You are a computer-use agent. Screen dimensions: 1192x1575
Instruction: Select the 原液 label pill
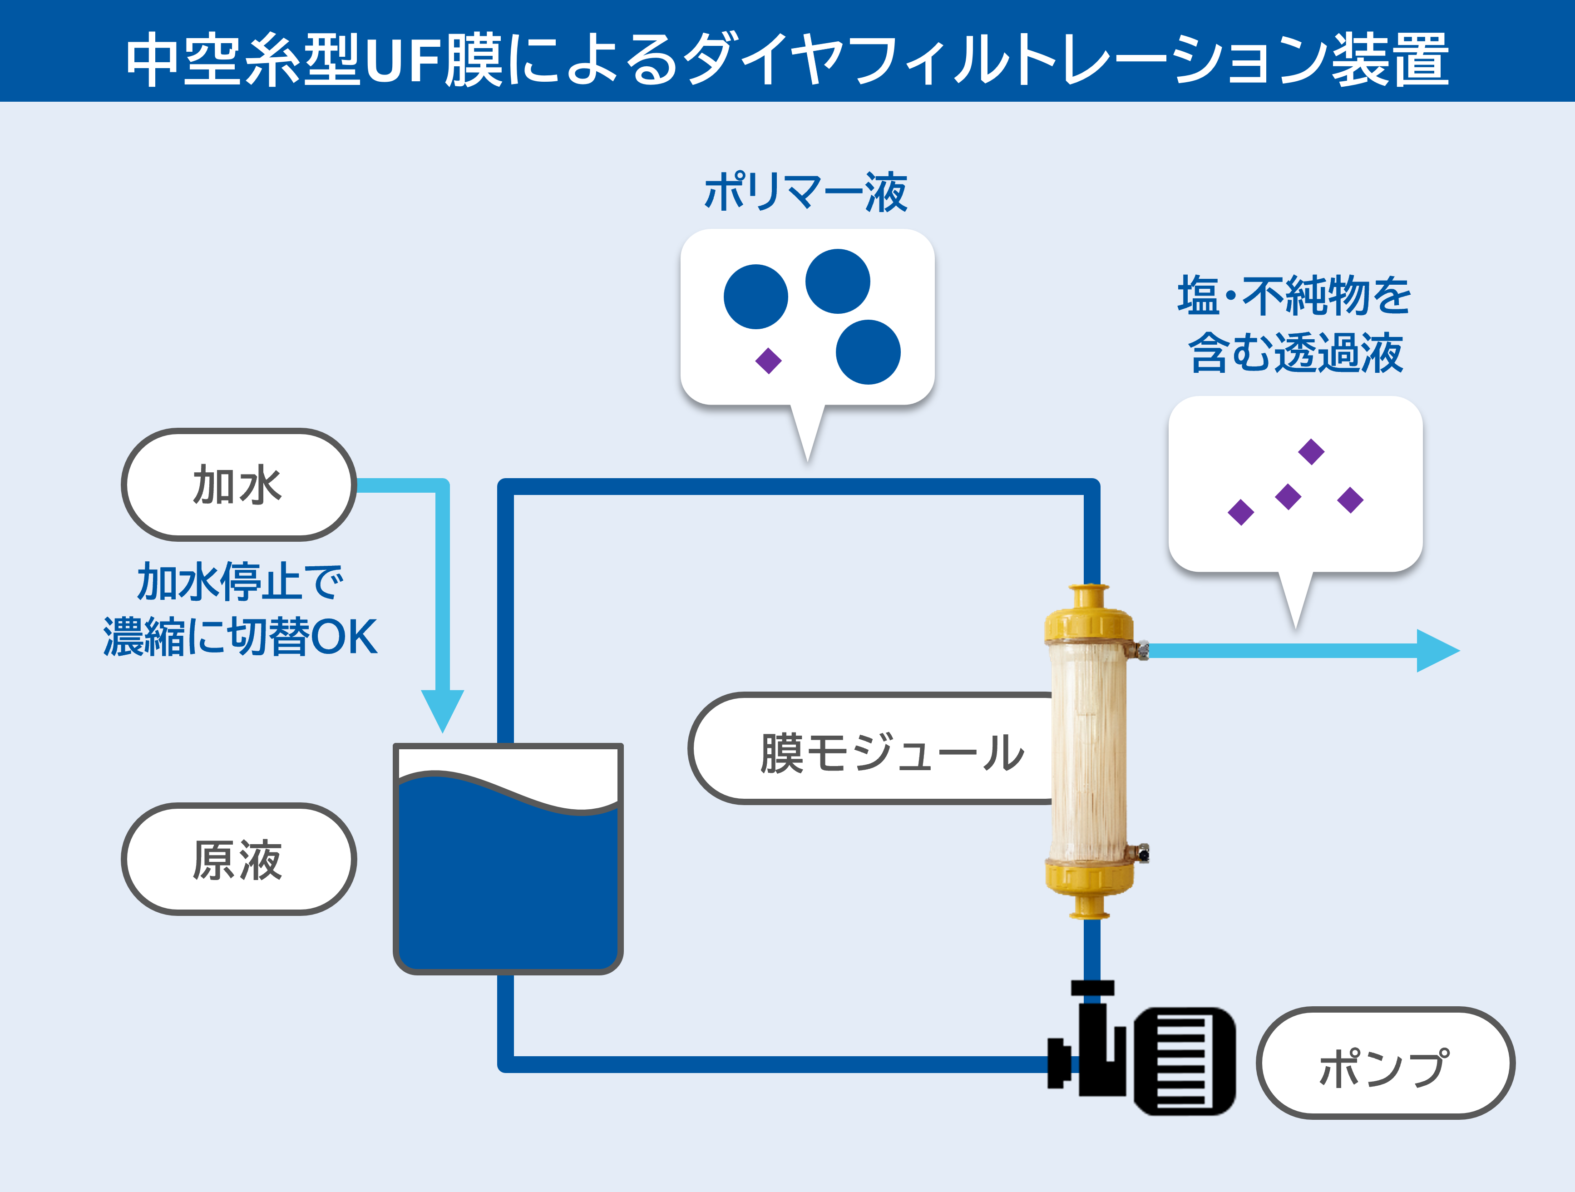[x=238, y=859]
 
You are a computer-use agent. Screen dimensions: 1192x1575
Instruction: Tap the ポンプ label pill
[x=1384, y=1063]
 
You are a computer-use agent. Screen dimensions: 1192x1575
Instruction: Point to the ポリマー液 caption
[x=806, y=192]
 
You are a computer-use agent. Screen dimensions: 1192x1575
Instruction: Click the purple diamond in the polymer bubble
[x=768, y=360]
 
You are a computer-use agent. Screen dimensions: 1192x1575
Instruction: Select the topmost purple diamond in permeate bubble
[x=1311, y=451]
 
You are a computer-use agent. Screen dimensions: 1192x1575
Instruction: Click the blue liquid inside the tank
[x=508, y=890]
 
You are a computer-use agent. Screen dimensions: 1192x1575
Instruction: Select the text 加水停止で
[x=240, y=582]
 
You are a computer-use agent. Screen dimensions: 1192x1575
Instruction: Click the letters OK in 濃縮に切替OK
[x=343, y=637]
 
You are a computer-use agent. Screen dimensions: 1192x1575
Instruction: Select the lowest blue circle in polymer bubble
[x=868, y=352]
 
